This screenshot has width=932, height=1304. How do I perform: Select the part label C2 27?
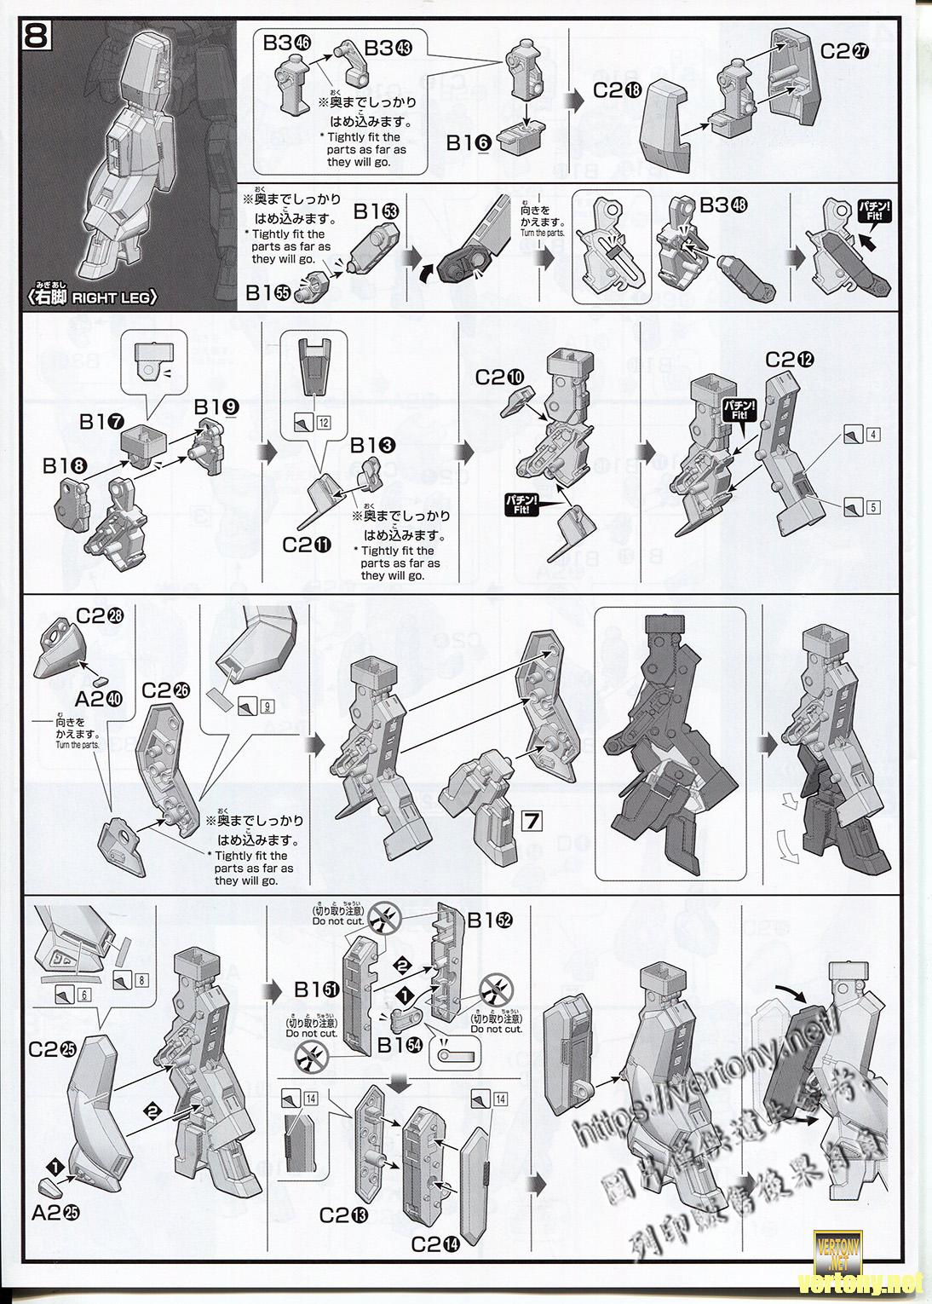(x=845, y=51)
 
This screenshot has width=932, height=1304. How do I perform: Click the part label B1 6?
(x=469, y=143)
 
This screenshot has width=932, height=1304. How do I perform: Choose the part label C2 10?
(x=500, y=377)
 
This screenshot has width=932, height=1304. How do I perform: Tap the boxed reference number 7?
(x=532, y=822)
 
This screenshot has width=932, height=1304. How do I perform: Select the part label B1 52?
(x=490, y=920)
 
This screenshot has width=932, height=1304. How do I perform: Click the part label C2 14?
(x=437, y=1244)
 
